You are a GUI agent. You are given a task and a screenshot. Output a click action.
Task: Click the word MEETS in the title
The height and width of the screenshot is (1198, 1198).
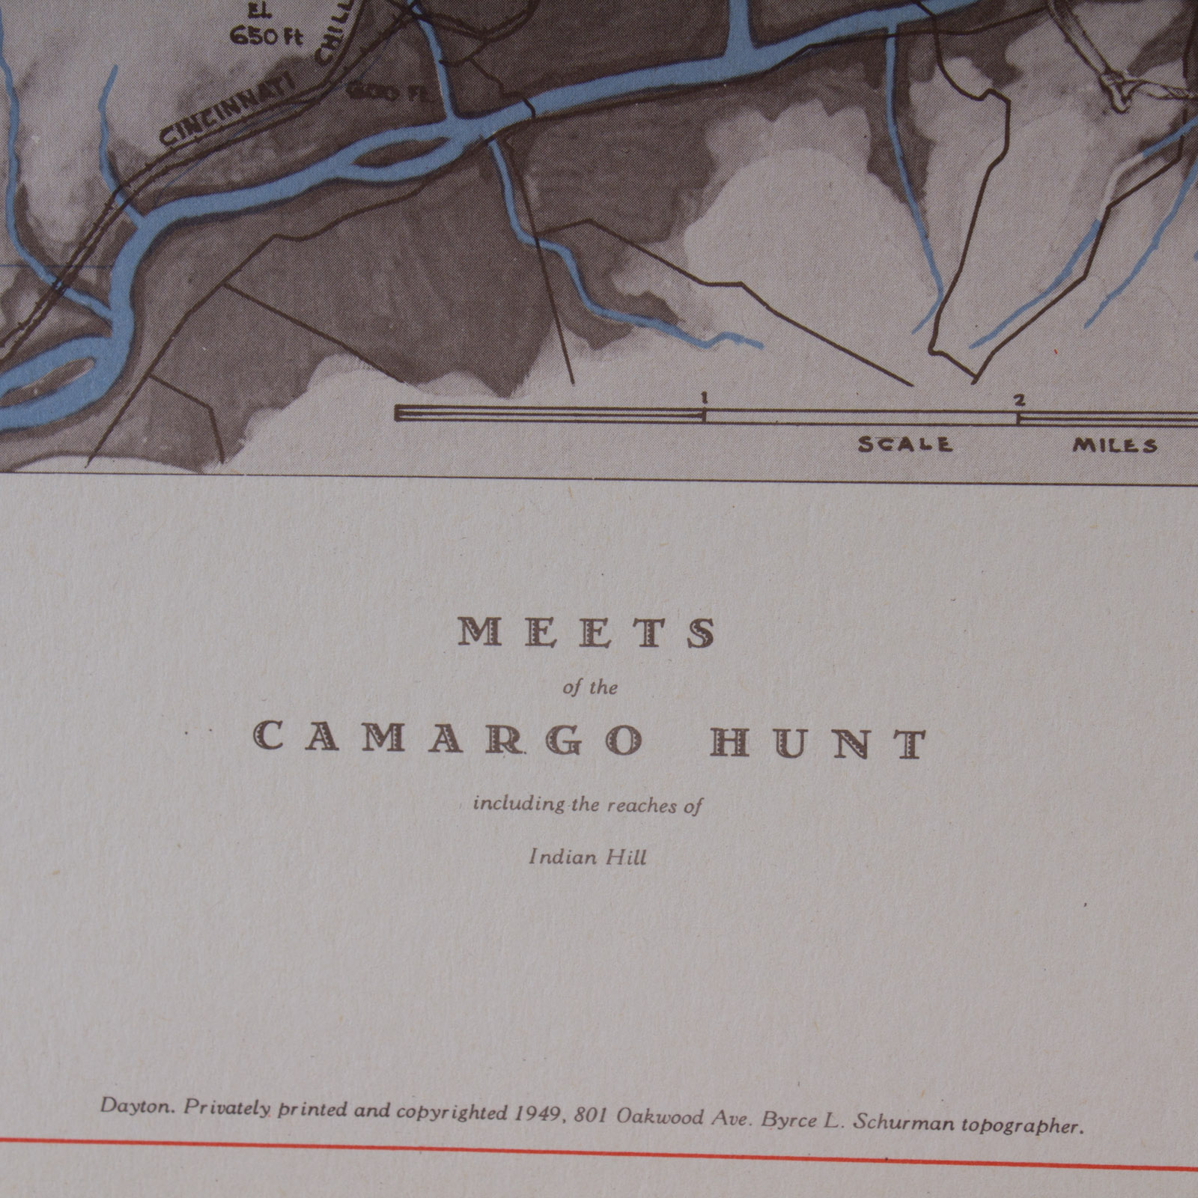586,634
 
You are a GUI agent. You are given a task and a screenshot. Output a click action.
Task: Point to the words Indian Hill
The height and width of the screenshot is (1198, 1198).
587,857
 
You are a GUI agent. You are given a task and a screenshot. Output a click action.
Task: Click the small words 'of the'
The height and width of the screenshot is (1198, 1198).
590,688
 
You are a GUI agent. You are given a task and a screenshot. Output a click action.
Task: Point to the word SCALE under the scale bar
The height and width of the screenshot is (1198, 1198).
904,445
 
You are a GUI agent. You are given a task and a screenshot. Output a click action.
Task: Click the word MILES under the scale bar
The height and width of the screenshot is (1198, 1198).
1114,446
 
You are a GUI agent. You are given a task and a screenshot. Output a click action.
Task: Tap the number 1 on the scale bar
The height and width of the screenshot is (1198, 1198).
703,398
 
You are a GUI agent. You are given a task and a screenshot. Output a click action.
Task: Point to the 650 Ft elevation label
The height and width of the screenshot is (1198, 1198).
266,35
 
